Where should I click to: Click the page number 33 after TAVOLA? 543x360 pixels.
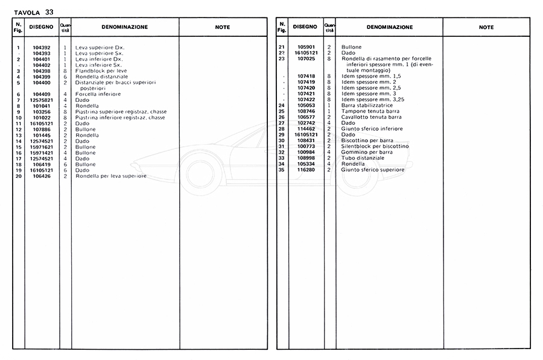(49, 11)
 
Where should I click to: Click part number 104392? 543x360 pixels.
(42, 47)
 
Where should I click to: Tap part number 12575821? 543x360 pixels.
(42, 99)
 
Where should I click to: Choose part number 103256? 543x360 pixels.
(42, 112)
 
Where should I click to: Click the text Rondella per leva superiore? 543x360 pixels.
(111, 176)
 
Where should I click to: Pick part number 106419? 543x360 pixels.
(42, 164)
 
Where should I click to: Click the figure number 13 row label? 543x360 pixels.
(19, 135)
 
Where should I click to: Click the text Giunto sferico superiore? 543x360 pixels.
(373, 170)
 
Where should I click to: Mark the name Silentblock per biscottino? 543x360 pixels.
(375, 147)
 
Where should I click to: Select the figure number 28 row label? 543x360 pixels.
(281, 129)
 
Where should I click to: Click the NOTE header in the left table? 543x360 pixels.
(223, 27)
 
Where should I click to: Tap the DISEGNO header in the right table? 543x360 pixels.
(305, 27)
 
